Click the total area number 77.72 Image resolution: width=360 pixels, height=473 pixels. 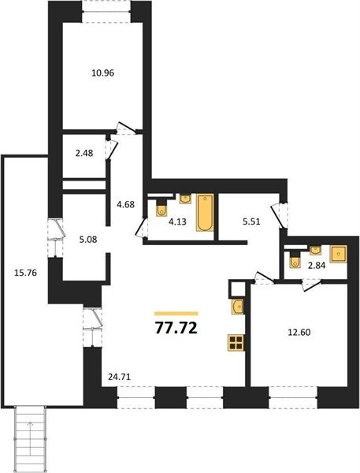coord(176,328)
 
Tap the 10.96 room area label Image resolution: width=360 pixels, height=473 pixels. coord(103,73)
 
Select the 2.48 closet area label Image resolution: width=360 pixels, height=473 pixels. coord(84,153)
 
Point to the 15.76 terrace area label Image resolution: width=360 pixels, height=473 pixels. coord(26,273)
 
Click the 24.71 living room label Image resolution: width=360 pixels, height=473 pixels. coord(120,377)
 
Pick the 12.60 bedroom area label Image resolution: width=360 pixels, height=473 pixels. coord(299,333)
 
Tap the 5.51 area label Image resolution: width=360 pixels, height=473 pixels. coord(251,222)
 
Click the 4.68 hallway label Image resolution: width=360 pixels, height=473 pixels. coord(125,204)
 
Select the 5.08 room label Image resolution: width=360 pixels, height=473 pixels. coord(87,240)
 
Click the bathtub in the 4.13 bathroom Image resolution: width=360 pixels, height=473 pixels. coord(205,213)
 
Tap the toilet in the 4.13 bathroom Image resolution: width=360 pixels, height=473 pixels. coord(161,208)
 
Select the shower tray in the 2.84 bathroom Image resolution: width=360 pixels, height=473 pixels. coord(338,254)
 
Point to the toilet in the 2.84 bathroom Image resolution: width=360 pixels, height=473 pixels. coord(295,260)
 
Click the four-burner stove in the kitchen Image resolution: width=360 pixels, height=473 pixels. coord(236,343)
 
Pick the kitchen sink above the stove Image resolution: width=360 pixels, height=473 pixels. coord(238,307)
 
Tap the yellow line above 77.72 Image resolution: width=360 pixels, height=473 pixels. coord(176,314)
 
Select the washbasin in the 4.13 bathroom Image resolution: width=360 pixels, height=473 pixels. coord(185,199)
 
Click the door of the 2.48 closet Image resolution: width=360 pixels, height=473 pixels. coord(111,150)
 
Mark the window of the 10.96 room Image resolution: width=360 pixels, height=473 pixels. coord(106,11)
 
